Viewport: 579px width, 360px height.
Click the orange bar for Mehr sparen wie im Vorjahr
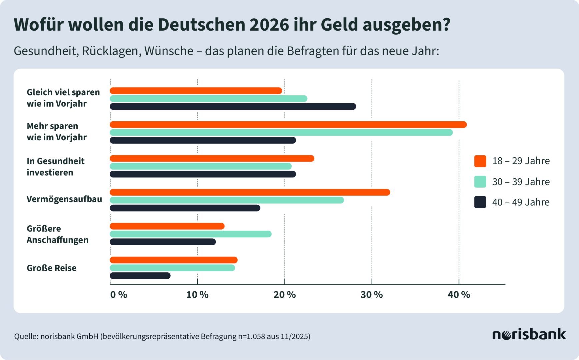[288, 125]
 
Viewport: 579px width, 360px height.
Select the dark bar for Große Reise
[140, 276]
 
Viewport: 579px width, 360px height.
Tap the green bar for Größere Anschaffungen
[191, 234]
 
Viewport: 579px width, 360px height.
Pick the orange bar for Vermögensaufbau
[250, 192]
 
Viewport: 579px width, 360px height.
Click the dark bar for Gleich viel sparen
[233, 106]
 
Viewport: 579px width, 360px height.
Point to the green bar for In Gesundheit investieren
[201, 166]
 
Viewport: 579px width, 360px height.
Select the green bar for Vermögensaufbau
[227, 200]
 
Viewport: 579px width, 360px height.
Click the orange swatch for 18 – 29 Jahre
[480, 161]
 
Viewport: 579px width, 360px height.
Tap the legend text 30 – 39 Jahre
[521, 182]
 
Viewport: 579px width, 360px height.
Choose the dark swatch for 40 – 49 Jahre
[480, 202]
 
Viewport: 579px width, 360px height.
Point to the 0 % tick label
[119, 295]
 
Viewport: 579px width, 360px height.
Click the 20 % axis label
[284, 295]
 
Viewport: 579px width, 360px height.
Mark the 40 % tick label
[459, 295]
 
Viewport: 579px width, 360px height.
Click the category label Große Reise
[52, 268]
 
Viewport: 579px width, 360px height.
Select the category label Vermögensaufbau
[64, 199]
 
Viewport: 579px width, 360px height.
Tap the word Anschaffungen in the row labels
[58, 240]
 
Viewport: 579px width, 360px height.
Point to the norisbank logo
[529, 334]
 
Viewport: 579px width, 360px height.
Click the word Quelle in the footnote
[26, 336]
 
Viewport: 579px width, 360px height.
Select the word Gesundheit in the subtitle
[45, 51]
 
